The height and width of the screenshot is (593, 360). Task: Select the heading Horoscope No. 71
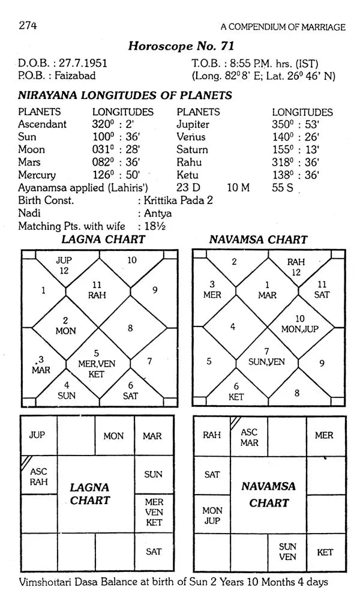pos(181,46)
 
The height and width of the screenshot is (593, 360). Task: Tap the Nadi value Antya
pos(157,213)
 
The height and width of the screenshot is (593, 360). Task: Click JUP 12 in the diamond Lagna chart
pos(64,265)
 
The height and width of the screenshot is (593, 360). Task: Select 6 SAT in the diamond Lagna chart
pos(130,390)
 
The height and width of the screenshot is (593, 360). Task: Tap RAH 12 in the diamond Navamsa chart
pos(295,266)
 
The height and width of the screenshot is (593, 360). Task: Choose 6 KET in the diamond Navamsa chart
pos(236,391)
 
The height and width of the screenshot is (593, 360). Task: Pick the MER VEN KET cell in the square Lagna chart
pos(154,512)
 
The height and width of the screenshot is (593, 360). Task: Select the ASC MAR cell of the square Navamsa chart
pos(249,436)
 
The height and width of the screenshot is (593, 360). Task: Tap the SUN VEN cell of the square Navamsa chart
pos(287,552)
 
